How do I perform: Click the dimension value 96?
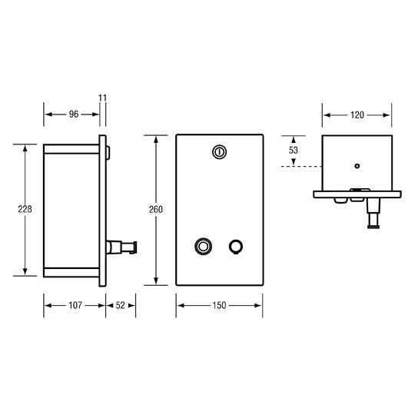tap(74, 114)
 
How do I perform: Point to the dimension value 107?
tap(74, 305)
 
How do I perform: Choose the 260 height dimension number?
tap(157, 210)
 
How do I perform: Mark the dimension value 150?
tap(220, 305)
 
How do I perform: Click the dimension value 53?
tap(293, 151)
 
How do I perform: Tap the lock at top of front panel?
tap(220, 152)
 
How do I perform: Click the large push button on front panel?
tap(204, 247)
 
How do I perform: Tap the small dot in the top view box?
tap(357, 165)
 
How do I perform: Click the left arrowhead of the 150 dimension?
tap(180, 305)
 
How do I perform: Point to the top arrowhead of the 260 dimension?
tap(157, 138)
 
